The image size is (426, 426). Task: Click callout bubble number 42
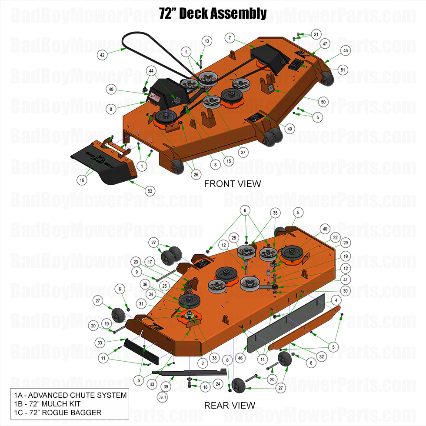pos(102,55)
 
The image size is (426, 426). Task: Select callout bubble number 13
pos(206,41)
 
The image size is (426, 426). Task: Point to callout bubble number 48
pos(111,89)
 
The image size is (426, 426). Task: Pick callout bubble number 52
pos(150,190)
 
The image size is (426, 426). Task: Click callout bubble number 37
pos(243,153)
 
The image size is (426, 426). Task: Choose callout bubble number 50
pos(323,102)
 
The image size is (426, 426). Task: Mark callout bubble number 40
pos(324,229)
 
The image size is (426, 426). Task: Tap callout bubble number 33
pos(100,343)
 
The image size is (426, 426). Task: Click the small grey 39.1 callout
pos(162,396)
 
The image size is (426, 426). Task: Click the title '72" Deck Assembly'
pos(213,13)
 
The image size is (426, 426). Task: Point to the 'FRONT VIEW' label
pos(233,183)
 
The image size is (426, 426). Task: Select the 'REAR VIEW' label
pos(230,405)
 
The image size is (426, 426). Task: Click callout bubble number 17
pos(150,262)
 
